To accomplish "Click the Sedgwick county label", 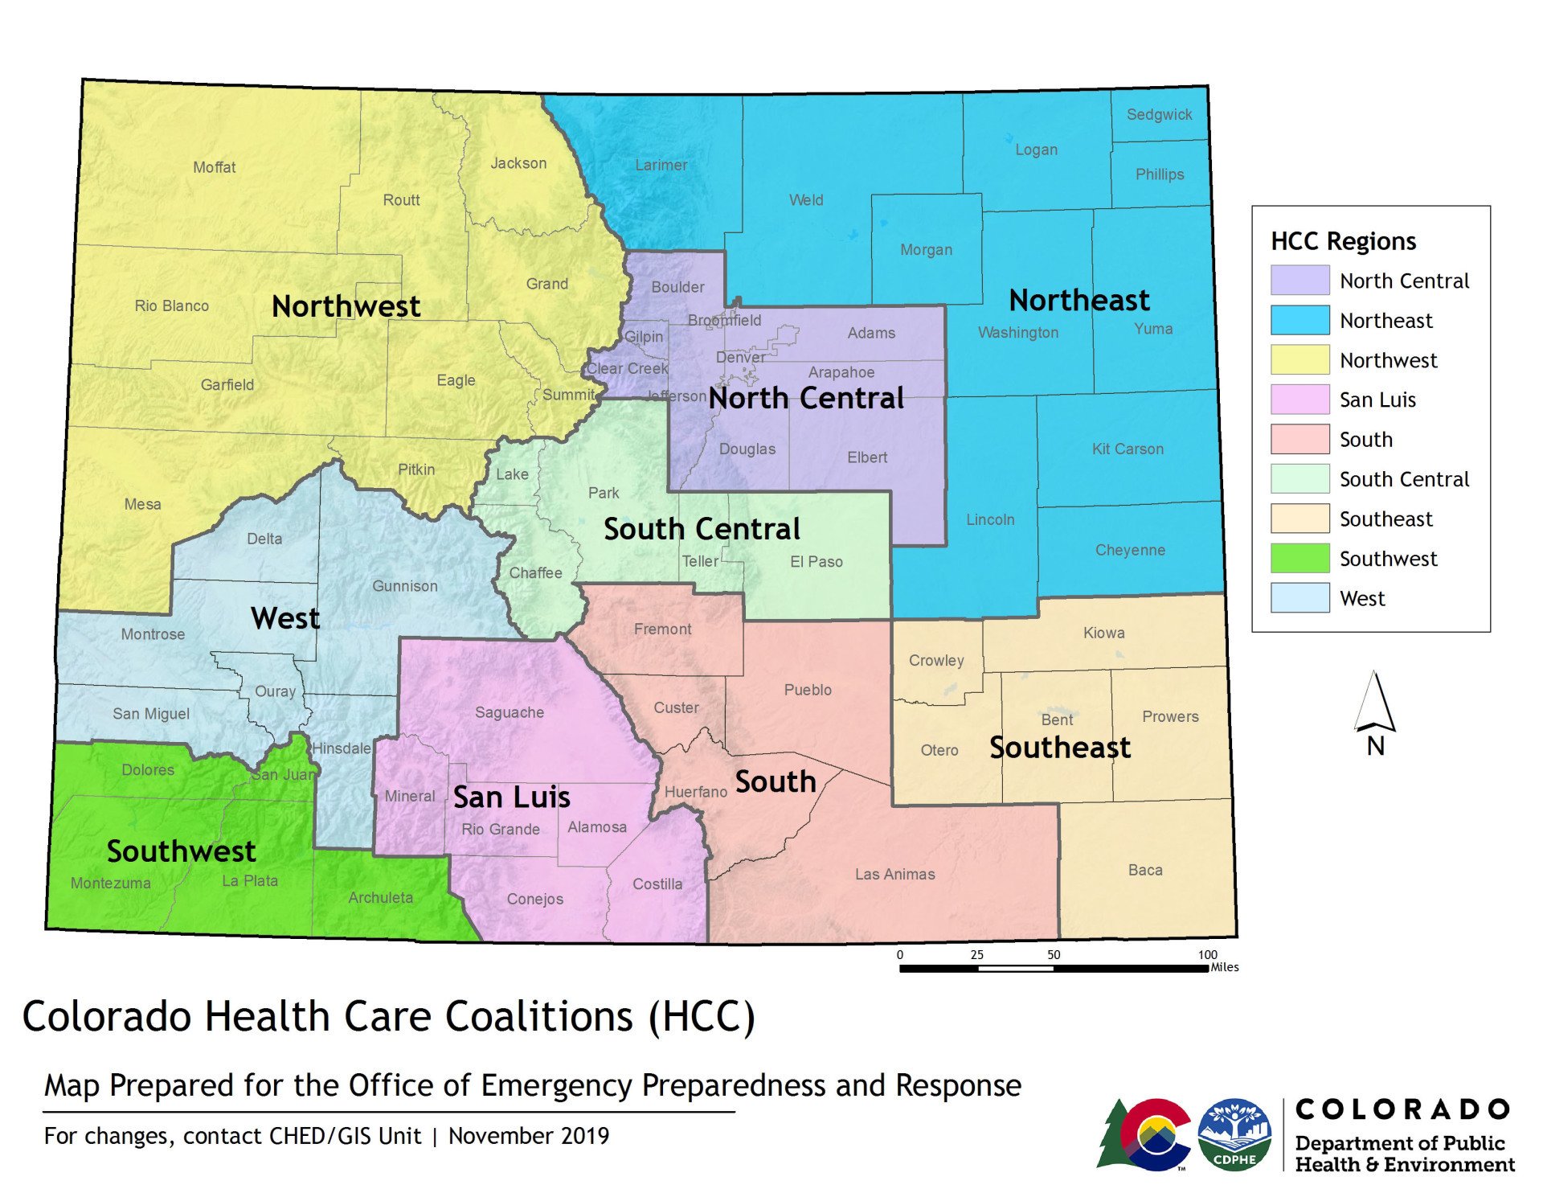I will pyautogui.click(x=1159, y=115).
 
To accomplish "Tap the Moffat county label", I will pyautogui.click(x=214, y=167).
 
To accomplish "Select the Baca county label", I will pyautogui.click(x=1144, y=870).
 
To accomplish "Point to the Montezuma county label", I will pyautogui.click(x=110, y=883).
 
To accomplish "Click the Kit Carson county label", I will pyautogui.click(x=1127, y=449).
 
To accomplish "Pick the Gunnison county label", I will pyautogui.click(x=404, y=586).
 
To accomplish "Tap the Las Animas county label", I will pyautogui.click(x=894, y=874).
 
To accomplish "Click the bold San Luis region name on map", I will pyautogui.click(x=511, y=797).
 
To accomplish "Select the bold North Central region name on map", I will pyautogui.click(x=805, y=398).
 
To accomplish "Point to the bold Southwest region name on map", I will pyautogui.click(x=181, y=851).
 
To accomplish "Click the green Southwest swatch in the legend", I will pyautogui.click(x=1299, y=558).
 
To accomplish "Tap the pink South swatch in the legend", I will pyautogui.click(x=1299, y=439).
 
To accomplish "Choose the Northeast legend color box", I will pyautogui.click(x=1299, y=320).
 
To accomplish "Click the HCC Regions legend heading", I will pyautogui.click(x=1343, y=241).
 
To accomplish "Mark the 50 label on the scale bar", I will pyautogui.click(x=1053, y=955).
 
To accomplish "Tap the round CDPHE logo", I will pyautogui.click(x=1234, y=1134).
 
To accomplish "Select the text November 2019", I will pyautogui.click(x=528, y=1136).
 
